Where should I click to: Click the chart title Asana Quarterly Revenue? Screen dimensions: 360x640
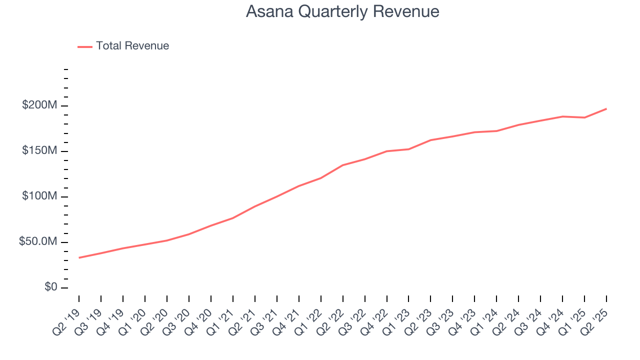click(342, 11)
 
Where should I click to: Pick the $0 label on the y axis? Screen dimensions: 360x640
click(50, 287)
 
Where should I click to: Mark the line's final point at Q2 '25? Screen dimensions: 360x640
click(606, 108)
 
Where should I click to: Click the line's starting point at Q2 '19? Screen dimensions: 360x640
click(79, 257)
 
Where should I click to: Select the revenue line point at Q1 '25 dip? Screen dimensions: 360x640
click(584, 117)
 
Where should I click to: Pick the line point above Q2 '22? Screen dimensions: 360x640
click(343, 165)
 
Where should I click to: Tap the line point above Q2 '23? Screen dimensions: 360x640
click(430, 140)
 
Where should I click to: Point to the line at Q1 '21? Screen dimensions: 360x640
click(233, 217)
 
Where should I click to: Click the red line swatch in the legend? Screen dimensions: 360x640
click(85, 46)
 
